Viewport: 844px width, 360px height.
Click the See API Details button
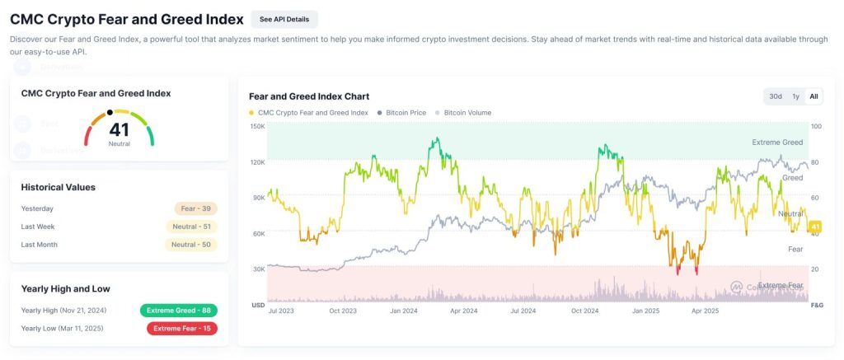tap(284, 19)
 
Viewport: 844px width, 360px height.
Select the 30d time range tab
tap(776, 96)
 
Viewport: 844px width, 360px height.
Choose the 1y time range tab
tap(795, 96)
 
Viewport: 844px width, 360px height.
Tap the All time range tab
tap(814, 96)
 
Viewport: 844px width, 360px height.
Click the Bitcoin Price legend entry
tap(401, 113)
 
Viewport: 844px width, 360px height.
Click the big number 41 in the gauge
tap(119, 129)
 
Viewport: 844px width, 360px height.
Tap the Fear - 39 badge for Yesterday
tap(195, 208)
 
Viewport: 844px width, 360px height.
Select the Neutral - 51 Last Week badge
tap(191, 227)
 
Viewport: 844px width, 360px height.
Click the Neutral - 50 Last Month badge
tap(191, 245)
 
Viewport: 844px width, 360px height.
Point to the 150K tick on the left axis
tap(257, 126)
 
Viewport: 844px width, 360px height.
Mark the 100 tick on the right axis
tap(816, 126)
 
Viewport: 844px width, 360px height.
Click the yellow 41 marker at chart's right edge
tap(816, 227)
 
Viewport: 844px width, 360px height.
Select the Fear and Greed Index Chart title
tap(309, 96)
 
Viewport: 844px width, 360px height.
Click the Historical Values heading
tap(59, 187)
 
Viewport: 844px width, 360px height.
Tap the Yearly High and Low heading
tap(66, 289)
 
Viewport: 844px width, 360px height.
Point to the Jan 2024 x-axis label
tap(403, 311)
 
